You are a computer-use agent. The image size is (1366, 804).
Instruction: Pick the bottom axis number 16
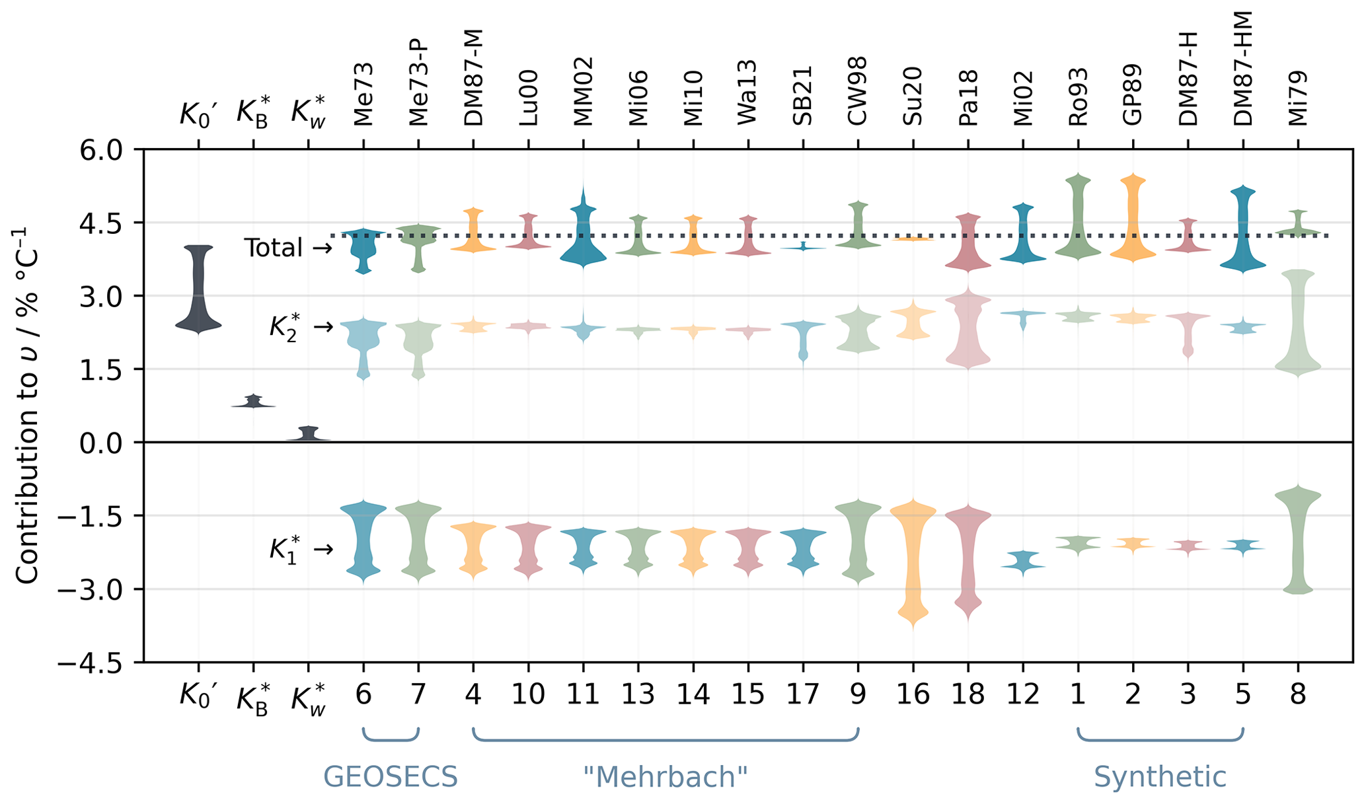[x=913, y=694]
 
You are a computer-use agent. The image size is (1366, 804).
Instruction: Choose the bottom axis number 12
[x=1023, y=694]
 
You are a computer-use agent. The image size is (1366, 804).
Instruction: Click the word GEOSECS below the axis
[x=391, y=777]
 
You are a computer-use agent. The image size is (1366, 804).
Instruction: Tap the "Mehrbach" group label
[x=665, y=777]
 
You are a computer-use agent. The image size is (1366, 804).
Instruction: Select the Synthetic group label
[x=1160, y=777]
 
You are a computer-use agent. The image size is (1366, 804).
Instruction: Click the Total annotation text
[x=274, y=248]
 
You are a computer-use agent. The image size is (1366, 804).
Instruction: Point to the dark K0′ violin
[x=198, y=291]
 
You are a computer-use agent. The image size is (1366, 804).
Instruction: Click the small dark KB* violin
[x=253, y=402]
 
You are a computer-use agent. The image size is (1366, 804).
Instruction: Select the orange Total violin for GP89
[x=1133, y=218]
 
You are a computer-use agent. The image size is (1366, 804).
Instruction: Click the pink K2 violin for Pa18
[x=968, y=330]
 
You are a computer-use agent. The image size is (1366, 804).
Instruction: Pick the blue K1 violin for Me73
[x=363, y=542]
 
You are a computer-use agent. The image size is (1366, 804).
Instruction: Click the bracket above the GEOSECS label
[x=391, y=739]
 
